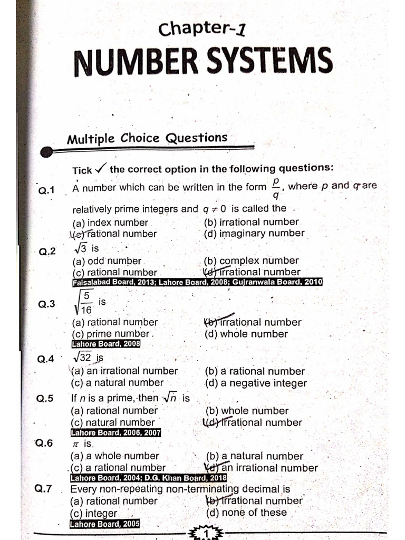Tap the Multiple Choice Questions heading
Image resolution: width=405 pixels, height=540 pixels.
(147, 139)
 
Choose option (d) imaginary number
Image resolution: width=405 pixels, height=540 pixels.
(254, 233)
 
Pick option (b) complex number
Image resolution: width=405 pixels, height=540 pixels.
(251, 261)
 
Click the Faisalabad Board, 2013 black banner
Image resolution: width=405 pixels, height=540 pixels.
(197, 282)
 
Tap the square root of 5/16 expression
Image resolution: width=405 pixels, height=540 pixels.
(84, 303)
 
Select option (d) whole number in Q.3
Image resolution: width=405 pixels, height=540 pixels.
(246, 334)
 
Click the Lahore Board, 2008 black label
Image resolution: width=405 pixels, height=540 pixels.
(105, 344)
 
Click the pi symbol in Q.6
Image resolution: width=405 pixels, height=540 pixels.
(74, 444)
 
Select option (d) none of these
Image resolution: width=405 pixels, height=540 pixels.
(246, 512)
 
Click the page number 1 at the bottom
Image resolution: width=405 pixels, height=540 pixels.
(206, 534)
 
